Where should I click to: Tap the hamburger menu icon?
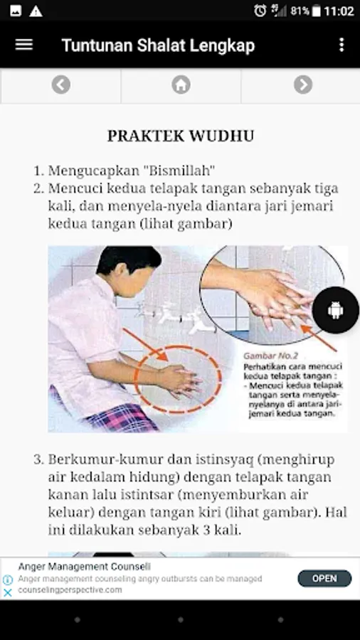(23, 45)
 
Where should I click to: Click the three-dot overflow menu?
(342, 45)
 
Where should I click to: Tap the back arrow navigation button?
(60, 85)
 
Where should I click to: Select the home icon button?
(181, 85)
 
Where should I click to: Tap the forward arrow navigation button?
(303, 85)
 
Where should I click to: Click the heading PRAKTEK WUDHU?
(181, 136)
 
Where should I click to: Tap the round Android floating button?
(336, 310)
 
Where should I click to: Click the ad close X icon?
(8, 592)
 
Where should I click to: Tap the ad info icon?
(8, 580)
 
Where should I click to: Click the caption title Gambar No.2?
(270, 356)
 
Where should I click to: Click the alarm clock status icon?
(260, 11)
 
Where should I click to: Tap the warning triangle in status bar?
(36, 11)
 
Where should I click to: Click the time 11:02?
(339, 11)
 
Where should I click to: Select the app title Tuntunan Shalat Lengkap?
(158, 45)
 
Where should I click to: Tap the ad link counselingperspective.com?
(70, 590)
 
